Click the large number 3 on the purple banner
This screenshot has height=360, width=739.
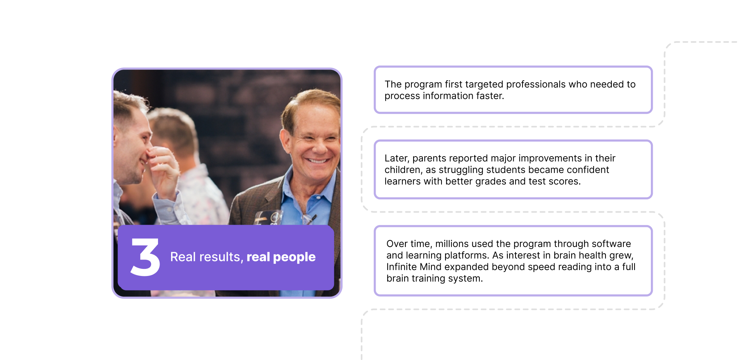145,257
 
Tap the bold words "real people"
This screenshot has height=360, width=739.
281,257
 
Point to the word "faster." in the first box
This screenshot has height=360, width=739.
490,96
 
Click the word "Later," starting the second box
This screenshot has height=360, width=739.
397,158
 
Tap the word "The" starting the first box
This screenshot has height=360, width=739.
393,84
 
